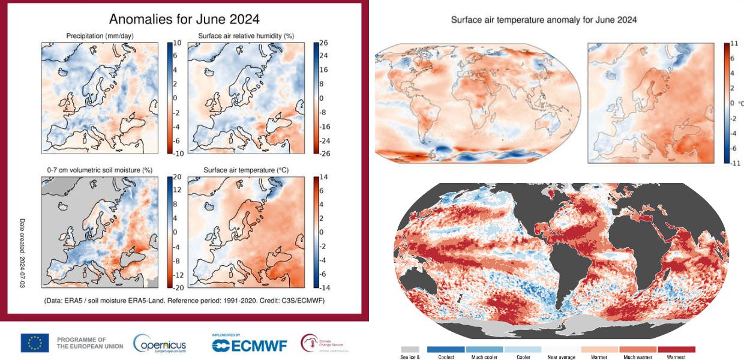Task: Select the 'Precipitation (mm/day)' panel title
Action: [x=100, y=36]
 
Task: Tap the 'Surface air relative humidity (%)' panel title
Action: [x=246, y=36]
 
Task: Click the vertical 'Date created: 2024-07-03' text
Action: [x=23, y=252]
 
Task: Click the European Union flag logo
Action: [x=35, y=343]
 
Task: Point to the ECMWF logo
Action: [x=249, y=344]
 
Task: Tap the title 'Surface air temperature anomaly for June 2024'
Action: [x=544, y=20]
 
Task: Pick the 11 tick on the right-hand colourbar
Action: [x=733, y=44]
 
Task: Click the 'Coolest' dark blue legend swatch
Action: [x=446, y=349]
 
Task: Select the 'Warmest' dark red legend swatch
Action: [x=676, y=349]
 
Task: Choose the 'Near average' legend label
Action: [x=561, y=357]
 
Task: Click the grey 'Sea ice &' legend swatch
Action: [x=409, y=349]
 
